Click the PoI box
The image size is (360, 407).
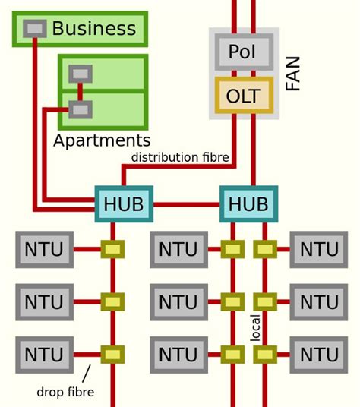click(x=244, y=53)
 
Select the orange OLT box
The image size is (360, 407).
click(x=244, y=96)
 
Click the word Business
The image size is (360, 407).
click(x=93, y=30)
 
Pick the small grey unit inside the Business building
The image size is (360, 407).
click(x=34, y=29)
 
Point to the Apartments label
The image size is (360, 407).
click(x=102, y=140)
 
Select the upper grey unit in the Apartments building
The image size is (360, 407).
click(x=80, y=74)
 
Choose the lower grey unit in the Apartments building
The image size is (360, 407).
click(x=80, y=109)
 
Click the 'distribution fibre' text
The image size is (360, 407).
click(x=180, y=157)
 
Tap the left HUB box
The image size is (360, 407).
click(x=123, y=204)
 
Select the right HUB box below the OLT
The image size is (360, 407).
click(x=248, y=204)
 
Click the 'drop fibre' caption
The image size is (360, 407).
click(x=65, y=393)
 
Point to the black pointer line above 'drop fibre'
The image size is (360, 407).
click(x=86, y=373)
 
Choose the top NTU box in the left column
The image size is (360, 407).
click(x=45, y=249)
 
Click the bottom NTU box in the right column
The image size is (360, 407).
click(x=319, y=355)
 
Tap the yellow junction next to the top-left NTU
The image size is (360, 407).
click(x=112, y=249)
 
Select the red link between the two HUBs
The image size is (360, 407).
click(x=186, y=204)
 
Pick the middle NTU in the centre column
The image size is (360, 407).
click(x=178, y=302)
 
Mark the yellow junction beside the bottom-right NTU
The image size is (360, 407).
click(x=264, y=355)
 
